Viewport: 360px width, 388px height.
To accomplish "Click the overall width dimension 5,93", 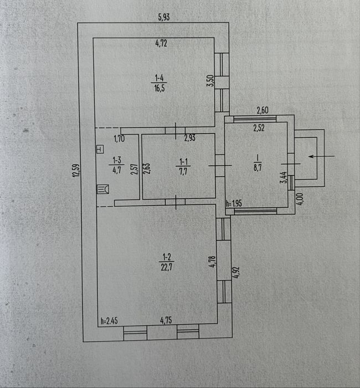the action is [x=164, y=17].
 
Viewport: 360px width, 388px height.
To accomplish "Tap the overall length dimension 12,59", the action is [x=76, y=170].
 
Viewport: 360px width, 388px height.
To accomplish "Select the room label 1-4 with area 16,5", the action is [x=160, y=83].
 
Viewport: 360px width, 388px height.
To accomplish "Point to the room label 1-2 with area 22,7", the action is [x=167, y=262].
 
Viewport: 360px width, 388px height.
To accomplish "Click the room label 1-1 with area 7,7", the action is [x=183, y=167].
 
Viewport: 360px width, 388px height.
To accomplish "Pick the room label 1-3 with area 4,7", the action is [x=117, y=165].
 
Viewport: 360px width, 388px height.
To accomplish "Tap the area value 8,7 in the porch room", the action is [x=258, y=167].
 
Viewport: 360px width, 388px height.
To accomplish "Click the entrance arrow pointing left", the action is [x=321, y=156].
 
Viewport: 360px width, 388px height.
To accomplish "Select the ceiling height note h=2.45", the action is [x=109, y=321].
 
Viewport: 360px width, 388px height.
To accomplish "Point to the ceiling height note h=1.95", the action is [x=234, y=203].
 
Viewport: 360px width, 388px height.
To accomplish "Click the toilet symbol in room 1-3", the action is [x=103, y=189].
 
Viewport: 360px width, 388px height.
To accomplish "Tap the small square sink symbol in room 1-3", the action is [x=100, y=149].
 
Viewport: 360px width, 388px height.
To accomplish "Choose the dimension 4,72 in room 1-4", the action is [x=161, y=43].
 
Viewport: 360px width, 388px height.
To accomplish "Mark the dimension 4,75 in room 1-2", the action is [x=166, y=320].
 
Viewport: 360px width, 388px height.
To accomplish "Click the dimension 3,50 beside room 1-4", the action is [x=210, y=81].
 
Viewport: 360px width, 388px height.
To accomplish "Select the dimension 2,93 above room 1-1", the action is [x=189, y=137].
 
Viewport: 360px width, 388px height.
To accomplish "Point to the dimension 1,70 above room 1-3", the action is [x=119, y=139].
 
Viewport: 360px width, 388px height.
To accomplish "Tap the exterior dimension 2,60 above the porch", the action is [x=263, y=110].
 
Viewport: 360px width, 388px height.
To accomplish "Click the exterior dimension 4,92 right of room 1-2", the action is [x=236, y=273].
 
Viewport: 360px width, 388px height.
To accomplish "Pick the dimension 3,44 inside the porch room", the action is [x=284, y=177].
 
